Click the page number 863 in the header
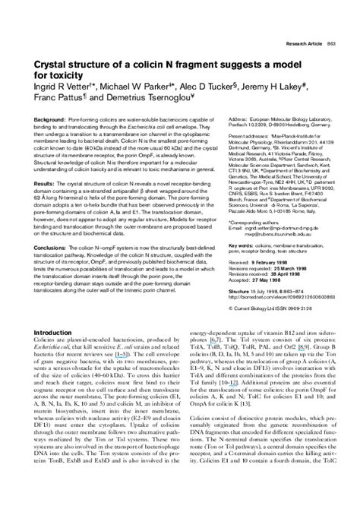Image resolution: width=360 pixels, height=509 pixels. [x=333, y=45]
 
